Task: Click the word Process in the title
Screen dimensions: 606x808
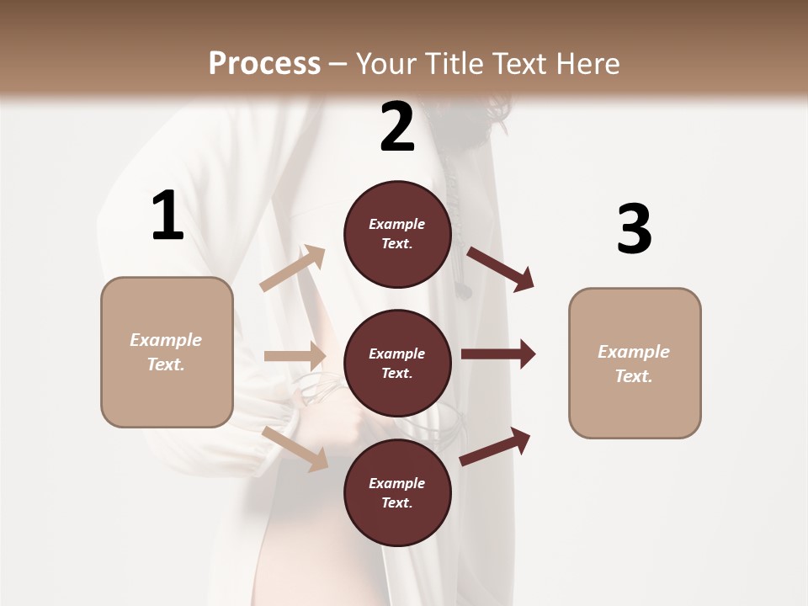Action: pos(264,63)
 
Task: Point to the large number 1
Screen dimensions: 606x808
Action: pos(167,216)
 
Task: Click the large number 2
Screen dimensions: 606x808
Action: pos(397,127)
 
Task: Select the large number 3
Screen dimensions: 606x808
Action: pos(634,229)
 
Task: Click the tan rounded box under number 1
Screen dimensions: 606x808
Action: pos(167,352)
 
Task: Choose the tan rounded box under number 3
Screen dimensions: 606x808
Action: pos(635,364)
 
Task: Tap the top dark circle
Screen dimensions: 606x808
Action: pos(397,234)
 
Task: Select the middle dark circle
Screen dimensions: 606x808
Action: pos(397,363)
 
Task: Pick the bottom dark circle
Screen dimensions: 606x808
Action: pos(397,492)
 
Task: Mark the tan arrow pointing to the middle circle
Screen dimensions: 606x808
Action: pos(295,356)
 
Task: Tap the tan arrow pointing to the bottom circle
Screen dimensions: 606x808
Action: pos(295,448)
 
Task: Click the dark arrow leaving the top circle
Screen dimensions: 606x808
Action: pos(501,268)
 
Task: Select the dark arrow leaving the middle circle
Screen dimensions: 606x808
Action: pos(498,354)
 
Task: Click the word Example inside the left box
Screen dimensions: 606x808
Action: pos(166,340)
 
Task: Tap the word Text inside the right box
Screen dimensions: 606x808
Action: pos(633,376)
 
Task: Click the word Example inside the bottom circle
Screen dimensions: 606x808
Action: pos(397,483)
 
